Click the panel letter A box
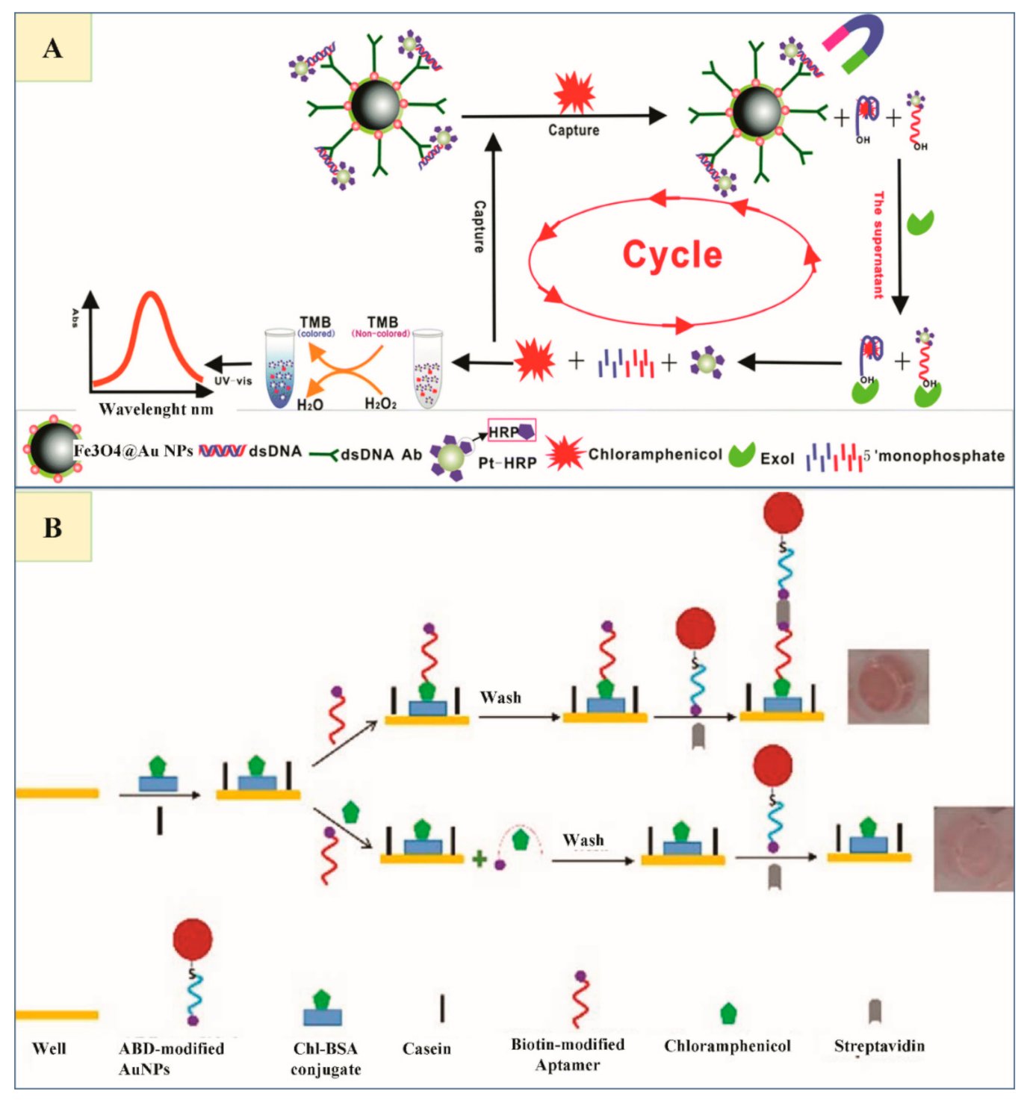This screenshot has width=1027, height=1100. (53, 48)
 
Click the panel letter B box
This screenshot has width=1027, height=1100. (53, 527)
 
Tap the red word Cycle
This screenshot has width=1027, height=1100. (672, 255)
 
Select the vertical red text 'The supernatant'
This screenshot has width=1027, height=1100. (878, 245)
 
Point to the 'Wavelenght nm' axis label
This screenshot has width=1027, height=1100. (156, 409)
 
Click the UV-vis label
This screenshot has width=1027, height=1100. (233, 381)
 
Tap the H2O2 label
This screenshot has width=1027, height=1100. (380, 404)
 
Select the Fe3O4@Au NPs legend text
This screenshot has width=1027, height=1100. (133, 451)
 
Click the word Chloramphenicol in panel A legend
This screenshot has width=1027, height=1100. (655, 454)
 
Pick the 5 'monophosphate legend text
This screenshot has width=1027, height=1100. (934, 456)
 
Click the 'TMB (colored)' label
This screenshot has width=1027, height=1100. (316, 326)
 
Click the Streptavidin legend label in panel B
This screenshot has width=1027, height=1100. (879, 1045)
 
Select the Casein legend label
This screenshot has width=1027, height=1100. (426, 1048)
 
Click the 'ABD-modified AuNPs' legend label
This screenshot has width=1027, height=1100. (171, 1058)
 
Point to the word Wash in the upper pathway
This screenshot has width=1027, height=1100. (500, 697)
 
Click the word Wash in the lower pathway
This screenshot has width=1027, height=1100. (583, 840)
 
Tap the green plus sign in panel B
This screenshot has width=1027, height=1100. (480, 859)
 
